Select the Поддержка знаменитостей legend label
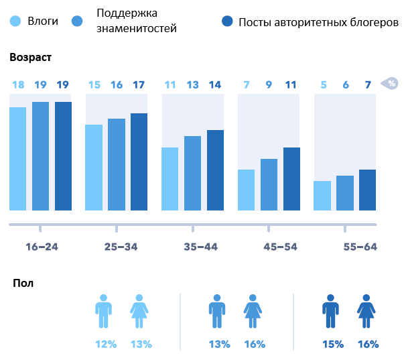tap(137, 21)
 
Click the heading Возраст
tap(31, 58)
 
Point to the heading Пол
tap(23, 283)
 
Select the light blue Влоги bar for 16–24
tap(18, 158)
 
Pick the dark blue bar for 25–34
tap(139, 162)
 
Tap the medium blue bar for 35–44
tap(192, 173)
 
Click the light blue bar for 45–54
tap(247, 190)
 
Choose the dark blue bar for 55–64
tap(367, 190)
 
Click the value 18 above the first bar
tap(18, 84)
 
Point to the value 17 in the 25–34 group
tap(139, 84)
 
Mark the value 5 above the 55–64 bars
tap(324, 84)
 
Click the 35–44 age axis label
tap(200, 247)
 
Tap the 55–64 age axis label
tap(360, 247)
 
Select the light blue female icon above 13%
tap(139, 311)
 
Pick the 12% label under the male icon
tap(106, 344)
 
